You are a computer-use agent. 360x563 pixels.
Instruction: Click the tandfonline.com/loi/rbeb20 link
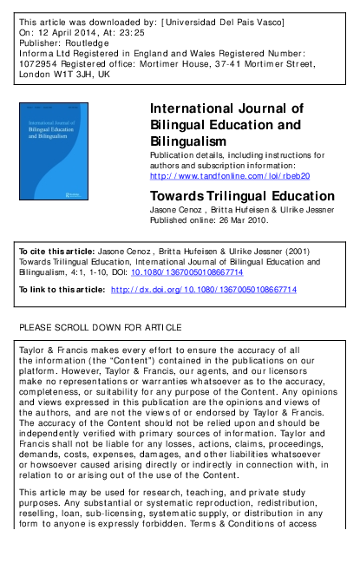click(229, 176)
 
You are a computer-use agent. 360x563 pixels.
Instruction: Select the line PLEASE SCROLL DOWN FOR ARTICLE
click(100, 327)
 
